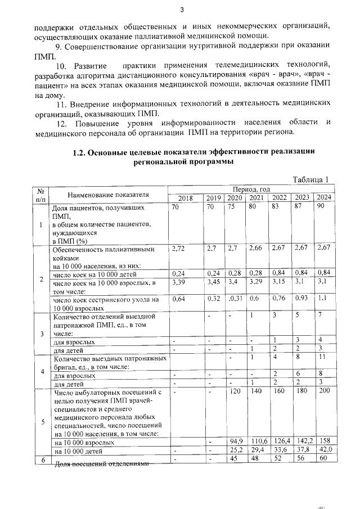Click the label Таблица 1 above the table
coord(310,179)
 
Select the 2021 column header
coord(256,198)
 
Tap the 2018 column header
coord(185,198)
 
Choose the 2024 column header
coord(323,198)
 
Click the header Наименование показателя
coord(108,194)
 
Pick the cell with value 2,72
coord(179,248)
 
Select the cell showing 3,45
coord(214,281)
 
